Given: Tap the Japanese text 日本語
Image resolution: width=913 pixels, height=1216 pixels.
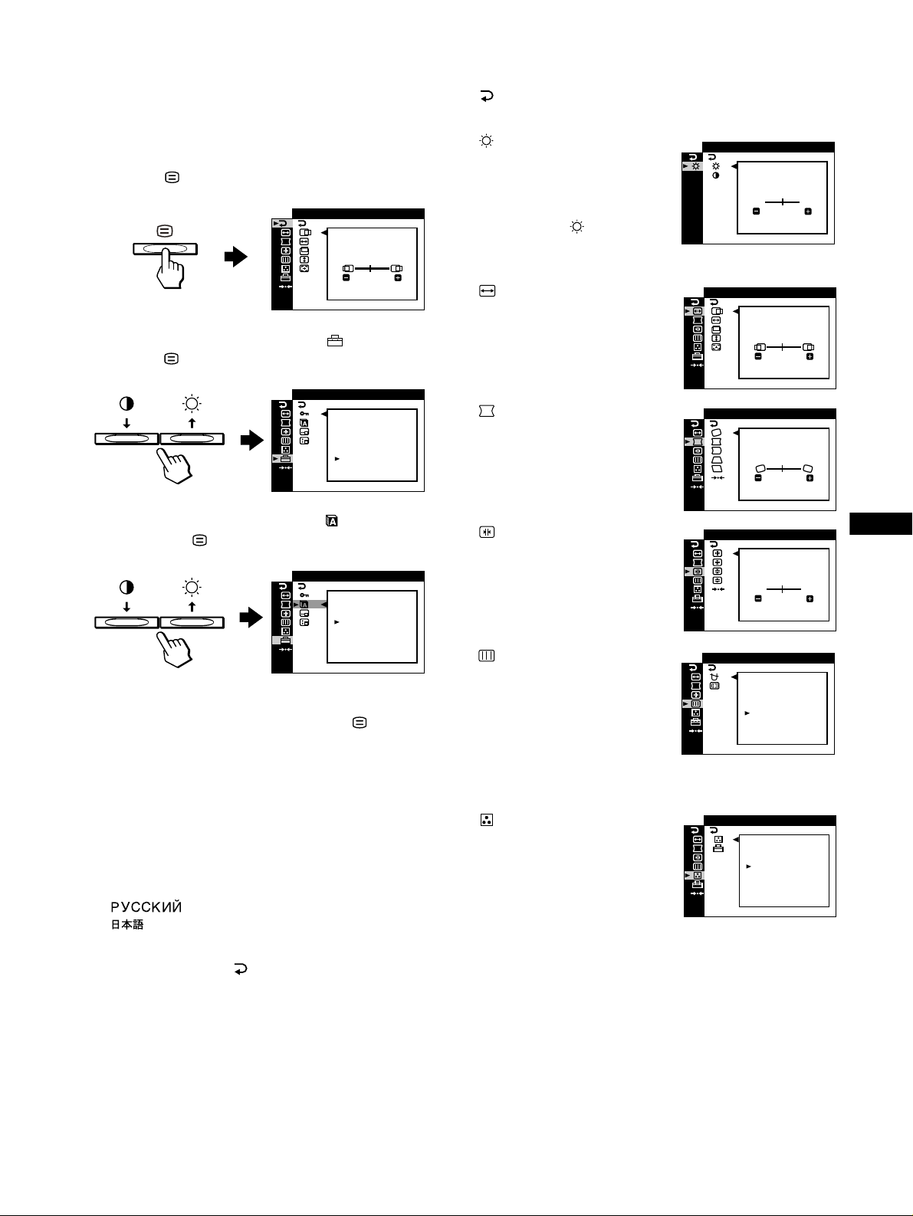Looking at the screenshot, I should point(124,926).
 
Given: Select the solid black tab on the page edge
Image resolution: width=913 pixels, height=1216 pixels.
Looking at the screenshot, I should point(881,524).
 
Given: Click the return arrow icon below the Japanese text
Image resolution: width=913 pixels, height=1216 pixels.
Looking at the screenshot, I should point(241,970).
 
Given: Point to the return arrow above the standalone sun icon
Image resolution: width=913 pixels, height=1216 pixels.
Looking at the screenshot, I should point(486,97).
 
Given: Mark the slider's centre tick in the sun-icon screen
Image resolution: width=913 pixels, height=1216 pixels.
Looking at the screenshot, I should point(782,202).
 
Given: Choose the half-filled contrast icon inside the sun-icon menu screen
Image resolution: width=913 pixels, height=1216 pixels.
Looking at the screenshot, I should point(716,175).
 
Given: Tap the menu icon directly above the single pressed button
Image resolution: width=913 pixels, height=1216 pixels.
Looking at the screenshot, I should point(166,230).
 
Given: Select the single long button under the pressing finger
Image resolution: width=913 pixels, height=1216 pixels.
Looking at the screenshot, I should point(165,248).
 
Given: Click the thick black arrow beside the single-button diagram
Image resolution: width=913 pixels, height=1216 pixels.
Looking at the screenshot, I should point(235,257).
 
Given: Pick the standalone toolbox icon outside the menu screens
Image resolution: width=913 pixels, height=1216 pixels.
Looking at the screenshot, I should point(335,342).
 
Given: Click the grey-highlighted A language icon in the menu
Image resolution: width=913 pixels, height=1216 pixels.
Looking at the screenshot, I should point(304,604).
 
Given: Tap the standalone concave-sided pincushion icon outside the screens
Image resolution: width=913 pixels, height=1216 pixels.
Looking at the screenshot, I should point(486,411).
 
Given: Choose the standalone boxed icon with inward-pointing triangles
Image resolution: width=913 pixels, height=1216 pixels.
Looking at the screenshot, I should point(486,532).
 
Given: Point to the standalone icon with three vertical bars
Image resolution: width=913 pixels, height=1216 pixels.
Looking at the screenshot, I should point(486,656).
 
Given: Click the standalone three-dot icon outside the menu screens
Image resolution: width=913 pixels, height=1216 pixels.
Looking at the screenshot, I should point(486,820).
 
